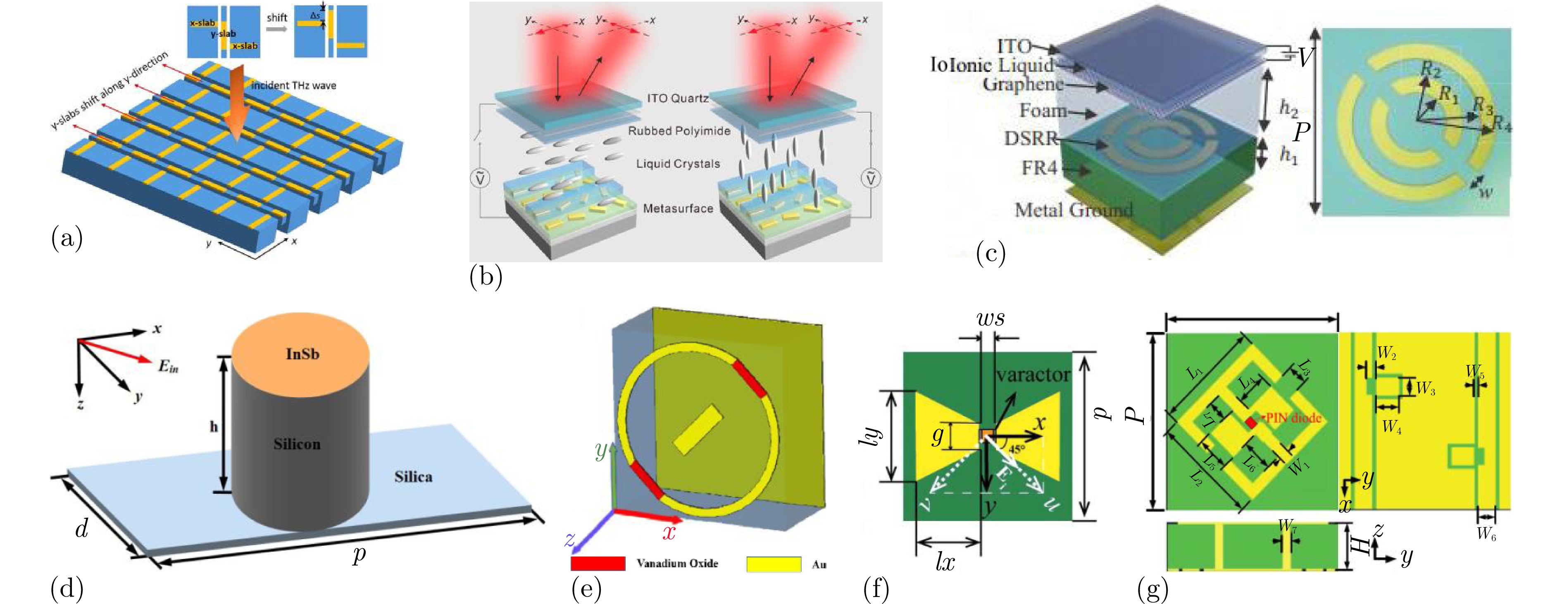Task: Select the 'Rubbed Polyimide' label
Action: click(679, 131)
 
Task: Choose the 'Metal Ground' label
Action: click(1073, 210)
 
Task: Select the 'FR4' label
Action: click(1039, 167)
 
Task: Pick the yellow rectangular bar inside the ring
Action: click(698, 430)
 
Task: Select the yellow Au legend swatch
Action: click(774, 564)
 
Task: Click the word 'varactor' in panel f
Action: click(1033, 374)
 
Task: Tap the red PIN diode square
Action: click(1251, 422)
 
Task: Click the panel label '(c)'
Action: click(990, 253)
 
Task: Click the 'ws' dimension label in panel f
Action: click(990, 319)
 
